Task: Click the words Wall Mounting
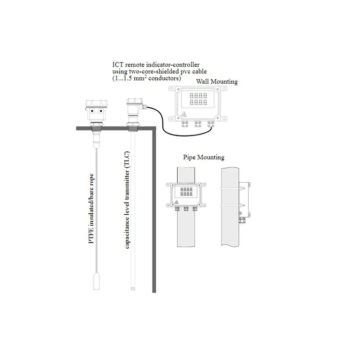(x=217, y=81)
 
